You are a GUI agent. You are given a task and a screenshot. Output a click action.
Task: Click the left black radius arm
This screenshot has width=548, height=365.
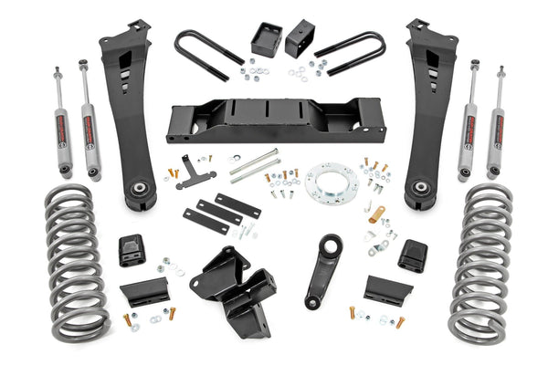click(129, 109)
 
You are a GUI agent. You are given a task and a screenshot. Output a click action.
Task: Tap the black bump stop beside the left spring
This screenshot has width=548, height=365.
click(130, 251)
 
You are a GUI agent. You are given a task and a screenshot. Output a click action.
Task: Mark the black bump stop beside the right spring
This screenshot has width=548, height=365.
click(412, 255)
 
